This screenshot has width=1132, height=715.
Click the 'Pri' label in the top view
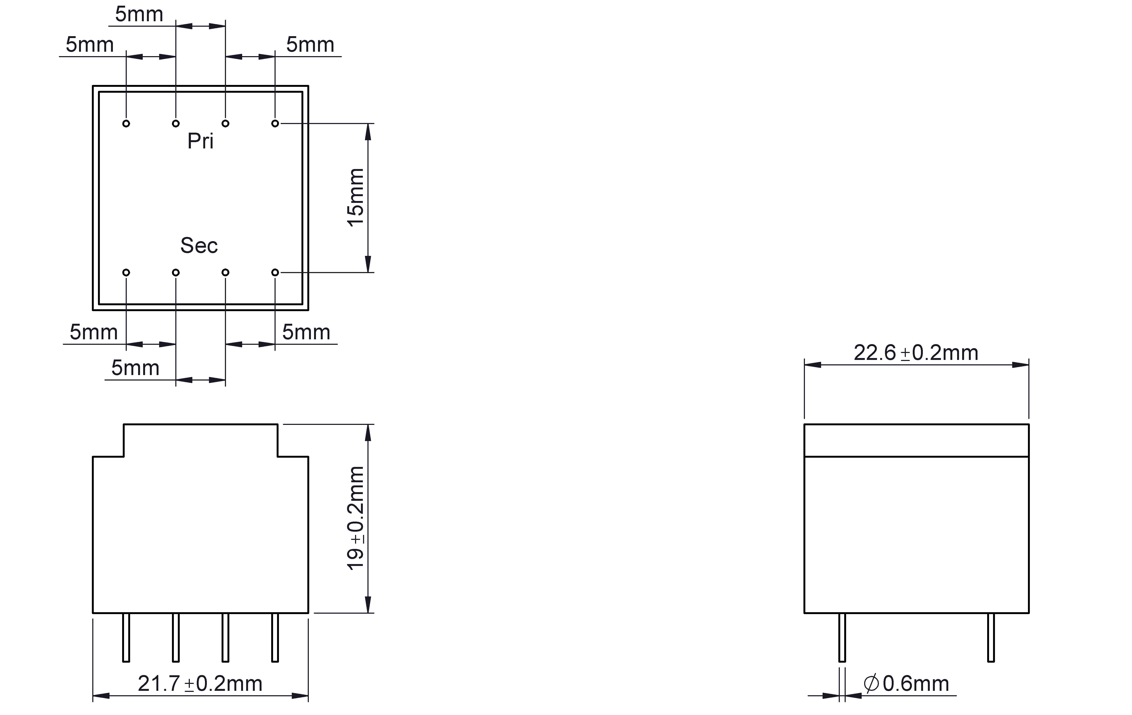click(x=200, y=141)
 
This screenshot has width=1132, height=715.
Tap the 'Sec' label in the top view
click(x=199, y=245)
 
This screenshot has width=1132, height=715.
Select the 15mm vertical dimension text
click(x=356, y=197)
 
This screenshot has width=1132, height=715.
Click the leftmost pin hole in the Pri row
click(x=126, y=124)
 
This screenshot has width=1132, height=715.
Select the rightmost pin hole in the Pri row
click(x=275, y=124)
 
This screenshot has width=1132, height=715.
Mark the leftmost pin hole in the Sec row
click(x=126, y=273)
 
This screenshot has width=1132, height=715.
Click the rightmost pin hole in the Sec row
click(x=275, y=273)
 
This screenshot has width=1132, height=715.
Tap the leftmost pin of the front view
click(x=126, y=637)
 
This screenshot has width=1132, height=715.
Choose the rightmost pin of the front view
click(x=275, y=637)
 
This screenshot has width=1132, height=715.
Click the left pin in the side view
click(x=842, y=637)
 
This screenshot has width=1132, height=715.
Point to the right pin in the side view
click(x=991, y=637)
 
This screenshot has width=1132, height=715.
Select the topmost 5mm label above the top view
click(x=139, y=15)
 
